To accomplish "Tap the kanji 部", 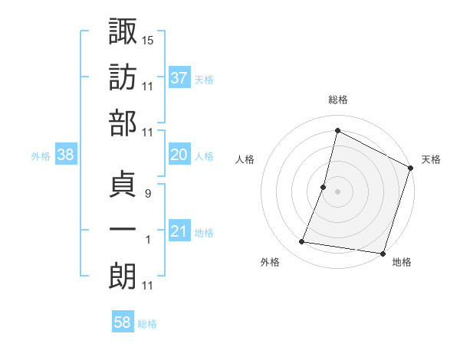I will (123, 124).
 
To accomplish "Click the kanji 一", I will (123, 231).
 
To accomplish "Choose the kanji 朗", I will (123, 276).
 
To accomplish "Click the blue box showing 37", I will (179, 77).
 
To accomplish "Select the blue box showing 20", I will (179, 155).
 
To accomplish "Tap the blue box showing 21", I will (179, 232).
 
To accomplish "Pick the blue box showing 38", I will (65, 155).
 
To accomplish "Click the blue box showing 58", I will (123, 323).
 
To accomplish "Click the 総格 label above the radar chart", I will (337, 100).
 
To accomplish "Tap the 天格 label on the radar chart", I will (431, 159).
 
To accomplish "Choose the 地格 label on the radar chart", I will (402, 263).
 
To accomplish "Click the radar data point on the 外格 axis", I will (302, 242).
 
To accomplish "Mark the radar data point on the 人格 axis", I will (324, 187).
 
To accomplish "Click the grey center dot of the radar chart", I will (337, 191).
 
